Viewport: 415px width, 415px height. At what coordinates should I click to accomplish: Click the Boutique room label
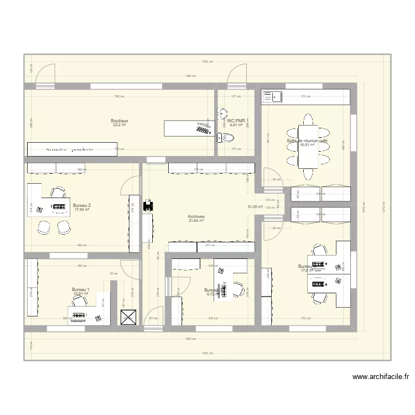120,121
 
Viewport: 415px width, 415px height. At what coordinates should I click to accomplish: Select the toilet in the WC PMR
223,138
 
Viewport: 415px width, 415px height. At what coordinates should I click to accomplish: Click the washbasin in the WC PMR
222,111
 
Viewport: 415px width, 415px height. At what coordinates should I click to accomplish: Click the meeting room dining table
307,145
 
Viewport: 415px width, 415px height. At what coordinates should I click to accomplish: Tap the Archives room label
196,217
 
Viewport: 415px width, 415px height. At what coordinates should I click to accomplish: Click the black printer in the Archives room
147,206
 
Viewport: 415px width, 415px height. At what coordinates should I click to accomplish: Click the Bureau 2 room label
82,205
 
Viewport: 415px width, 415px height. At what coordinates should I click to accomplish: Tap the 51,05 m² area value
255,206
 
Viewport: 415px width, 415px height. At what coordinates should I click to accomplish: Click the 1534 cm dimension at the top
207,62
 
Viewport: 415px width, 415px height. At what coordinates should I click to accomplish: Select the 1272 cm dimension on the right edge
383,207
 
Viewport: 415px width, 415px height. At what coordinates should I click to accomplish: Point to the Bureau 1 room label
81,289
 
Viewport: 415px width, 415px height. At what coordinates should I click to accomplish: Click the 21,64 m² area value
196,221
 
